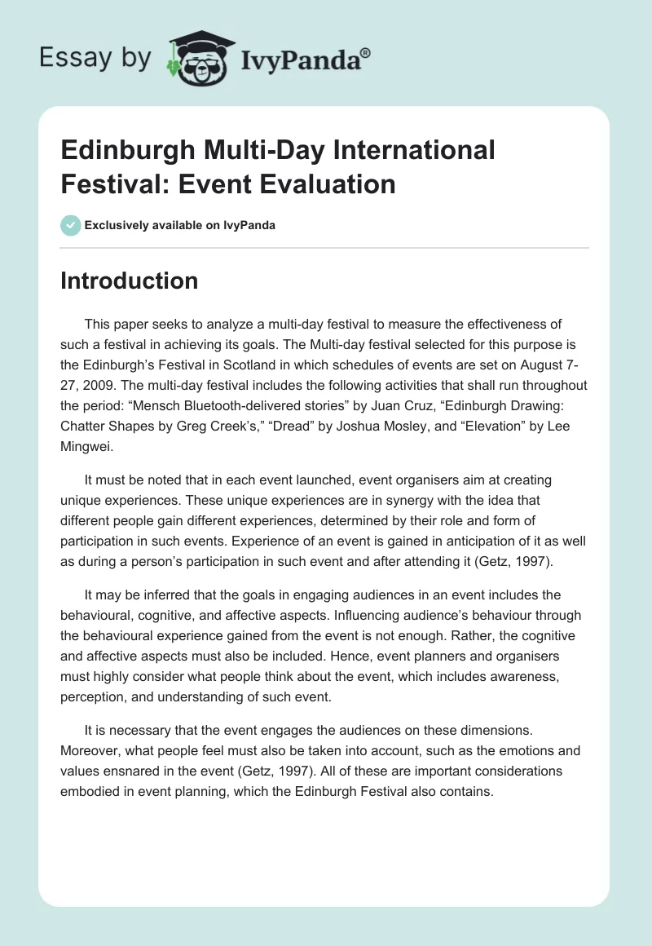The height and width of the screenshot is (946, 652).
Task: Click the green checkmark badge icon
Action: [71, 225]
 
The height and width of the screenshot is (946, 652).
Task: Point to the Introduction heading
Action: [130, 281]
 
